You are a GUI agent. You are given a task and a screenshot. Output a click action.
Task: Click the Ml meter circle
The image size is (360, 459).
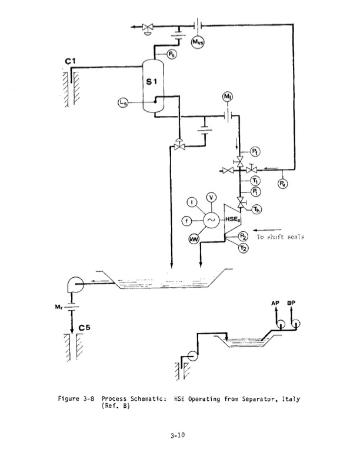[x=228, y=97]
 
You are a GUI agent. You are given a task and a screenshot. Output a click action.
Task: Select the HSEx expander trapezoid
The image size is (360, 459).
[x=231, y=220]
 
